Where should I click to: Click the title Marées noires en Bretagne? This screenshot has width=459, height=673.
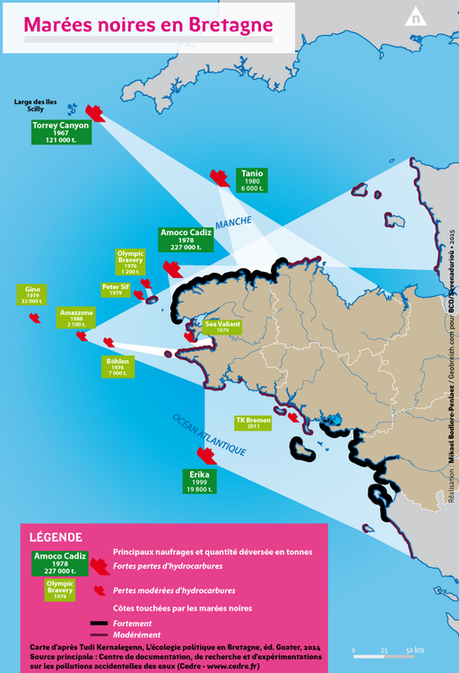pos(148,24)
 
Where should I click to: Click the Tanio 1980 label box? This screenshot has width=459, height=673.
pos(250,180)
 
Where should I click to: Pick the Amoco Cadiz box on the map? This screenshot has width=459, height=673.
pos(186,240)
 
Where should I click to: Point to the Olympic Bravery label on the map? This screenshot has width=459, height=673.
pos(130,261)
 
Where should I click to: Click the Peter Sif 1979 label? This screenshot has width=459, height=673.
pos(116,289)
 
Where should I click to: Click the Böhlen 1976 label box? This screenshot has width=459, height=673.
pos(118,366)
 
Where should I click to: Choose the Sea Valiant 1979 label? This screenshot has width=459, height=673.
pos(223,327)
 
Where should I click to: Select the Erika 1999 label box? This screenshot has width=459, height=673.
pos(199,481)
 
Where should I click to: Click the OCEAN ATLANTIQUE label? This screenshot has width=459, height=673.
pos(209,435)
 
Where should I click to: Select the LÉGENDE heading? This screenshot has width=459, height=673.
pos(56,537)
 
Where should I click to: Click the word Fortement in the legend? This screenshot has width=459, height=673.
pos(133,623)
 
